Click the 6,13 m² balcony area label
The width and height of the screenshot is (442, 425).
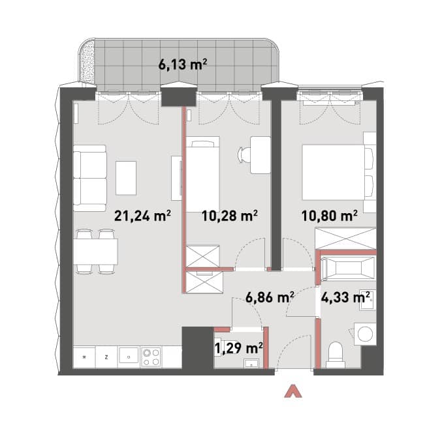click(183, 65)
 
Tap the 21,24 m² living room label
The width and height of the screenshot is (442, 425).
click(142, 216)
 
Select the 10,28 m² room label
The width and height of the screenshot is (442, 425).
click(230, 216)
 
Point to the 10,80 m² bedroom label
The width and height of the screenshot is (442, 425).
click(330, 216)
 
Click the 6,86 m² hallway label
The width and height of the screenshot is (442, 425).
click(270, 297)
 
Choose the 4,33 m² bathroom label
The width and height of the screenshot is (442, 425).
click(345, 297)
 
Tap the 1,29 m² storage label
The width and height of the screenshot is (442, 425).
click(239, 348)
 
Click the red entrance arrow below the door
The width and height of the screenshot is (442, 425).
click(293, 392)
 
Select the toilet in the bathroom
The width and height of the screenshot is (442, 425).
click(335, 355)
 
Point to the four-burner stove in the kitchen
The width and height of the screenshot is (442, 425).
click(151, 357)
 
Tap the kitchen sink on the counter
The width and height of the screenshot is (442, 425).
click(129, 355)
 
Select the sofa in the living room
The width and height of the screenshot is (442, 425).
click(90, 178)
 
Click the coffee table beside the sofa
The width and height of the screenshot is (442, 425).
click(126, 178)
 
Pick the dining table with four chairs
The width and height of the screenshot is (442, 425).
click(95, 252)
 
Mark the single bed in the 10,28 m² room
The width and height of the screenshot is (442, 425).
click(202, 175)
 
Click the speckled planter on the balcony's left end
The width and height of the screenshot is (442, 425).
click(87, 62)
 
